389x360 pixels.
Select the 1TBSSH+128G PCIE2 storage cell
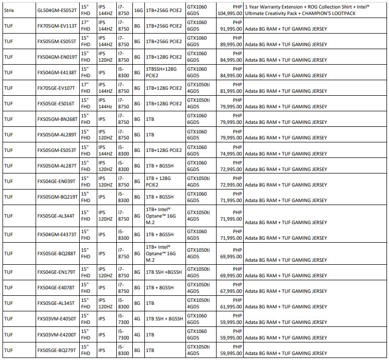coord(163,72)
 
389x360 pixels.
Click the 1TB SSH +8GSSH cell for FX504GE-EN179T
coord(164,272)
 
